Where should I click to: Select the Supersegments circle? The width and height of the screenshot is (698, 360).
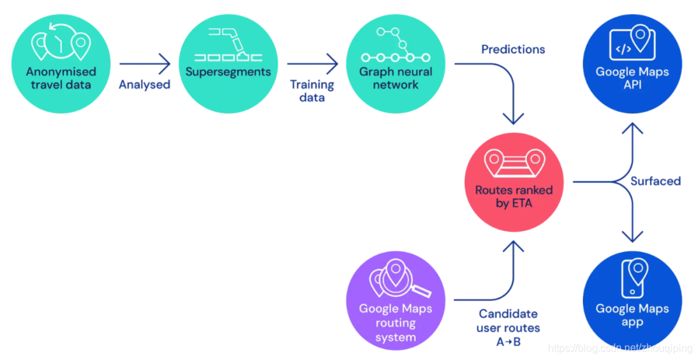(x=228, y=65)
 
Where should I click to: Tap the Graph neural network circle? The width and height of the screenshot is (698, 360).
(x=396, y=65)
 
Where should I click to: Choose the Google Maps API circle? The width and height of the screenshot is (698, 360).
(x=632, y=65)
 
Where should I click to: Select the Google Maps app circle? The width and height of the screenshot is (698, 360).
(x=632, y=300)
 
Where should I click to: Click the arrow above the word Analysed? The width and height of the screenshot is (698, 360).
(x=145, y=64)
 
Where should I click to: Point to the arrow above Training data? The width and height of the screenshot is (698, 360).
(x=312, y=64)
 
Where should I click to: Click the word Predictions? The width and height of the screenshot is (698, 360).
(x=513, y=49)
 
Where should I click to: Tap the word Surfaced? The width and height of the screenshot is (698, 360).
(x=655, y=182)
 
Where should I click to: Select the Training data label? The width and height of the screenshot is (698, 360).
(x=312, y=91)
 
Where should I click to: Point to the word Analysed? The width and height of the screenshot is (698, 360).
(x=145, y=85)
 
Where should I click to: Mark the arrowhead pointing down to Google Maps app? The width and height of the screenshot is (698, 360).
(x=632, y=237)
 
